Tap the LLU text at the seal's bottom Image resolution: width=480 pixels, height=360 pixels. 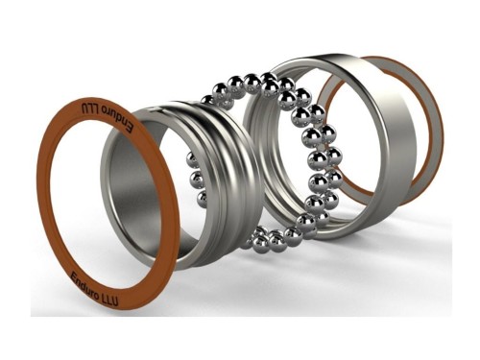(110, 299)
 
